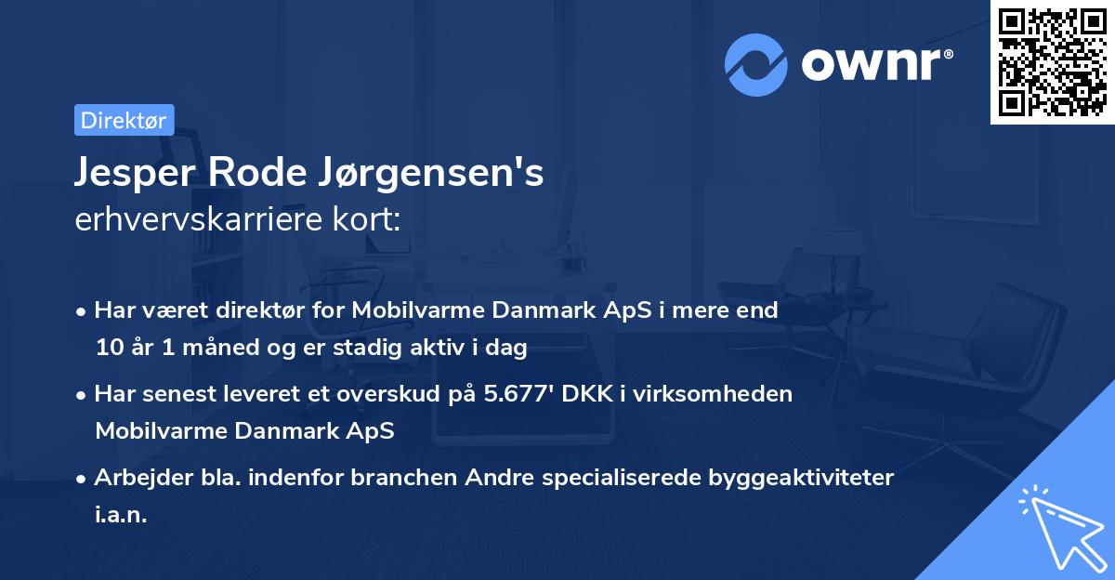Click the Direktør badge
124,119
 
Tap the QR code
1052,62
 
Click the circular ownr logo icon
756,63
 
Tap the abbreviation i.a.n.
121,514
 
